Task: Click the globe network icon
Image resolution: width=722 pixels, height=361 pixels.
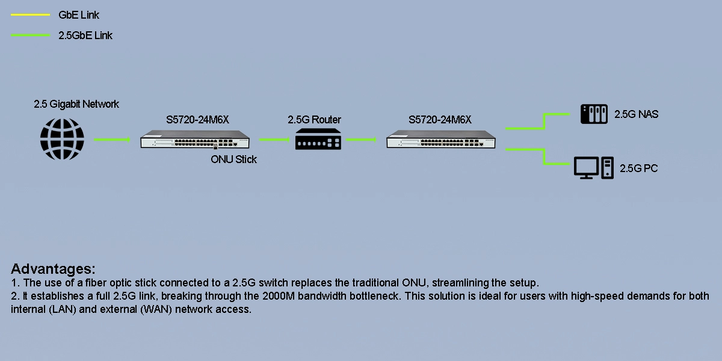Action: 62,139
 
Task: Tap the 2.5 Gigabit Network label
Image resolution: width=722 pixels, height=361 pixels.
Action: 76,104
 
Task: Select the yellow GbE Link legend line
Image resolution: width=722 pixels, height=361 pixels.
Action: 30,16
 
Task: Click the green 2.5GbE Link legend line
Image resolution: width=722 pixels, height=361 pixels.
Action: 30,35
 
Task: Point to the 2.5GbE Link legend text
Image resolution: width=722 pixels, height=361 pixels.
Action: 85,35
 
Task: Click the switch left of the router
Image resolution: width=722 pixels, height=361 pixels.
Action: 197,141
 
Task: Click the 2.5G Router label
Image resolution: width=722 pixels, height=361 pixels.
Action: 314,120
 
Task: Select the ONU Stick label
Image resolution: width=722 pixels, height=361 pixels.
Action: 233,159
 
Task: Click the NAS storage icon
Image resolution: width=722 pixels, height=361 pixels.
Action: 594,114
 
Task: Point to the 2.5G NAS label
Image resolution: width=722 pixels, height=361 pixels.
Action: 636,114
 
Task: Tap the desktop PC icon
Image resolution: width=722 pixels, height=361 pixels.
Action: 594,168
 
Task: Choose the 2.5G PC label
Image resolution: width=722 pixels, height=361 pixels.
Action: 639,168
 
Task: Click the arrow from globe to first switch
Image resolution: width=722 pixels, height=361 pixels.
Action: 112,140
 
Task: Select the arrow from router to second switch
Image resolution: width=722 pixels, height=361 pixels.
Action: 365,140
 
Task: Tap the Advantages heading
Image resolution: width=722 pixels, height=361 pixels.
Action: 53,268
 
